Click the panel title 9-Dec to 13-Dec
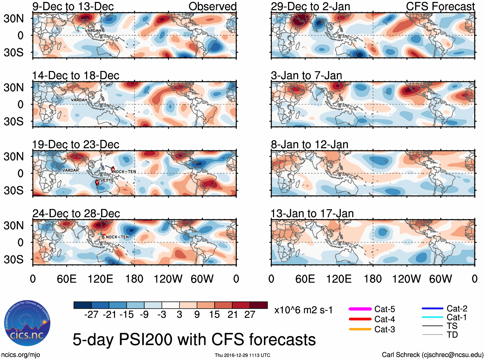point(73,6)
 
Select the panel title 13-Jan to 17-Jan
point(312,214)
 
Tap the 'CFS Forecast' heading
point(440,6)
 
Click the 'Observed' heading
point(212,6)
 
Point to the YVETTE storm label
point(106,180)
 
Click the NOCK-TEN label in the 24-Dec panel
point(117,237)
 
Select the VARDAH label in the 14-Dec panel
point(79,100)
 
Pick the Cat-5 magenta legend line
point(360,309)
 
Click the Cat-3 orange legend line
point(360,329)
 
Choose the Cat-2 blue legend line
point(432,308)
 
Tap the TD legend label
point(452,335)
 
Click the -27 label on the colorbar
point(91,315)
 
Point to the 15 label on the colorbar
point(215,315)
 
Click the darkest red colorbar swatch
point(259,305)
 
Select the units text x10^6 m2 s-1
point(303,310)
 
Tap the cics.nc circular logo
point(27,323)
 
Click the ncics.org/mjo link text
point(21,355)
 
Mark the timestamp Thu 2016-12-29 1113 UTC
point(242,355)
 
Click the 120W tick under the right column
point(406,279)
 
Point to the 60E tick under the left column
point(66,279)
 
